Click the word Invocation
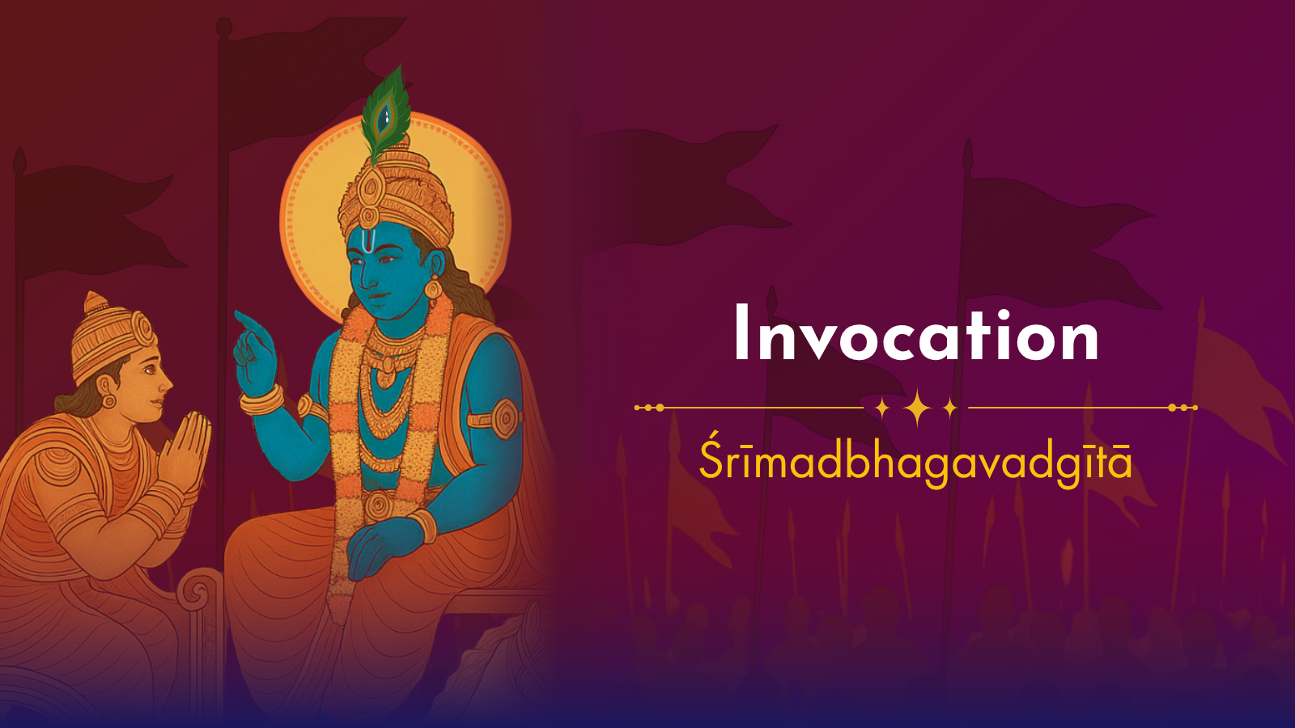coord(916,333)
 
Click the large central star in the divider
coord(917,408)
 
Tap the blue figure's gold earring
coord(433,288)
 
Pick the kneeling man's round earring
coord(108,401)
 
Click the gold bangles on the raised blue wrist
coord(261,400)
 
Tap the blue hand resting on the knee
coord(381,546)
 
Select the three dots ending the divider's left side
coord(648,408)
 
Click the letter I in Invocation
coord(741,332)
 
